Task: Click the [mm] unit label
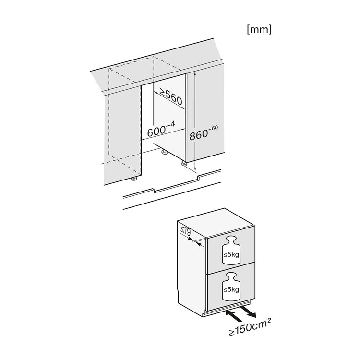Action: [x=259, y=29]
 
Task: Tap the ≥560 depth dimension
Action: [x=170, y=97]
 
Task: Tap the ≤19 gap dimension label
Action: [x=185, y=234]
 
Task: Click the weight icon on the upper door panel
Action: [x=230, y=251]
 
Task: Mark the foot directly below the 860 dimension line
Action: [x=184, y=163]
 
